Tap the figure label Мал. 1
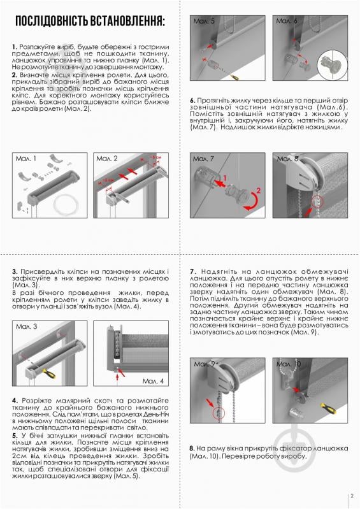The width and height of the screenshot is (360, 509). (26, 158)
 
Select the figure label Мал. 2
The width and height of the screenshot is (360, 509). (107, 158)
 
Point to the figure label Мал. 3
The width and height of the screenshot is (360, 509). (26, 326)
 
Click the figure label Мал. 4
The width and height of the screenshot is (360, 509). (153, 380)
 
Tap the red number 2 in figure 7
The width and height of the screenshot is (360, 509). (258, 190)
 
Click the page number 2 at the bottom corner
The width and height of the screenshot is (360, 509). (351, 496)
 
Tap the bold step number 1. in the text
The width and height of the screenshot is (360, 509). (14, 47)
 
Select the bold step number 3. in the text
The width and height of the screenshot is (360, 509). (14, 272)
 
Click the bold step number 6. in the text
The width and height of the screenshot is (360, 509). (192, 101)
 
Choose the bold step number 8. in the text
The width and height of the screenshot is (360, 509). (192, 448)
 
